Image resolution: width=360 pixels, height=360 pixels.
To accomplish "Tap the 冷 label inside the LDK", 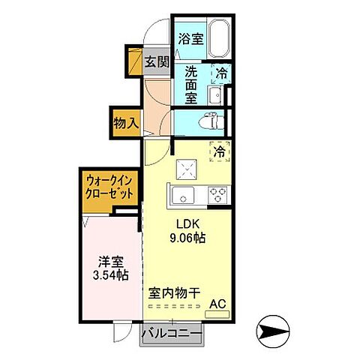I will pos(220,151).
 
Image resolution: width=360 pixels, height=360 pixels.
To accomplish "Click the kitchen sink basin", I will pos(182,196).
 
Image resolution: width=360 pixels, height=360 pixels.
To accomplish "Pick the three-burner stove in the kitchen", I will pos(218,193).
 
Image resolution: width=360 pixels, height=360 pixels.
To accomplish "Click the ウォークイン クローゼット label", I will pos(110,186).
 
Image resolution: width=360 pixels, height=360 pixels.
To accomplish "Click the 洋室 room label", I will pos(111,262).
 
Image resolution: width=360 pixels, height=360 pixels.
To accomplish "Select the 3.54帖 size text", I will pos(111,275).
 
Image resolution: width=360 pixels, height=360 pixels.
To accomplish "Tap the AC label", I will pos(218,304).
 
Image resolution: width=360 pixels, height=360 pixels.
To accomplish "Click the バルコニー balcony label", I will pos(172,332).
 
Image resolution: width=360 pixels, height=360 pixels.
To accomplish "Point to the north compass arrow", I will pos(274,328).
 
